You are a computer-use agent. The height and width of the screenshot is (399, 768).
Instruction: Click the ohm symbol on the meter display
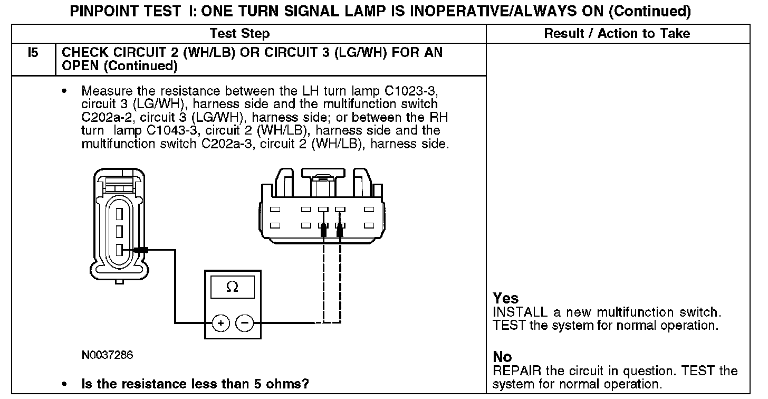233,287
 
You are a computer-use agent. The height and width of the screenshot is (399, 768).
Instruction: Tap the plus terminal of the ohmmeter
221,323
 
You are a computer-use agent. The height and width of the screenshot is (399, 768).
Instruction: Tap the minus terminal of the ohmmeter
245,323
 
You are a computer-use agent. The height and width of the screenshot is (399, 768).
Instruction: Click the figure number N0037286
107,355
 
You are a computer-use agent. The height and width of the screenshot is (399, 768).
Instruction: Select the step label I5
33,52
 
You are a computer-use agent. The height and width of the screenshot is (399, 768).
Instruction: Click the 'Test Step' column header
239,33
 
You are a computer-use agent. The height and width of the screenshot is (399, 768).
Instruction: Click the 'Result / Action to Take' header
617,33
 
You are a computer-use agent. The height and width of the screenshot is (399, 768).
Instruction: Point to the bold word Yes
506,298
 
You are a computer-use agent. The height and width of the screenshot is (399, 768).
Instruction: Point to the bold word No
502,357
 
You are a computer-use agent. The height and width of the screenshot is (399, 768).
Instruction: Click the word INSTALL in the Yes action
520,312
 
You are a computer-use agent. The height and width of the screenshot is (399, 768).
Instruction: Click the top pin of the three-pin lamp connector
119,214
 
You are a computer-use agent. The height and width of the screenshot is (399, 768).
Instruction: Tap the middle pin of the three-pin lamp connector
119,232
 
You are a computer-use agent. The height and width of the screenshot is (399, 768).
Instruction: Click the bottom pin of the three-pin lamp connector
119,250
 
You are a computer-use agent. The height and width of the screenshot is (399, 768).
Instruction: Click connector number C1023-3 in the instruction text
411,91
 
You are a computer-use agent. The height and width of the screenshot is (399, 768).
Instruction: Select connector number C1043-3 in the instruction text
173,130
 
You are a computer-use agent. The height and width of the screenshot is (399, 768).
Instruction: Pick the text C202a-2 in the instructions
107,117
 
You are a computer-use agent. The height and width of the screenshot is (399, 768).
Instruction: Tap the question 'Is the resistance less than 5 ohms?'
195,384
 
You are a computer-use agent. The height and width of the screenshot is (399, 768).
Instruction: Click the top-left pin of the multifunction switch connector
275,210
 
